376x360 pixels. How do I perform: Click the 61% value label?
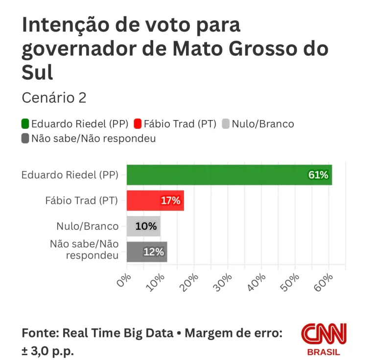coord(318,175)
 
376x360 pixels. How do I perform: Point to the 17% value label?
coord(171,200)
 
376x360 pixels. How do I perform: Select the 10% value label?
coord(147,226)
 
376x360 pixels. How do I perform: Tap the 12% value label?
coord(153,252)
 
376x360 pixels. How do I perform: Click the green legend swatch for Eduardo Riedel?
coord(25,124)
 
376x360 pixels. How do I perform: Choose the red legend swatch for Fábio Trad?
coord(138,124)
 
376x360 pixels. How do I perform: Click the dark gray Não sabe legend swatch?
coord(25,139)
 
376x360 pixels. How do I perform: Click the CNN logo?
coord(323,334)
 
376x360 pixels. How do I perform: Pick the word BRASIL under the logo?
coord(323,352)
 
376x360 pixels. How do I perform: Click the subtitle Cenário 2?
coord(54,98)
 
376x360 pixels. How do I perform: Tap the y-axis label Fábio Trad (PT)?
coord(82,201)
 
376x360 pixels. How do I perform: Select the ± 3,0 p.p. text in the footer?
coord(48,352)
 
